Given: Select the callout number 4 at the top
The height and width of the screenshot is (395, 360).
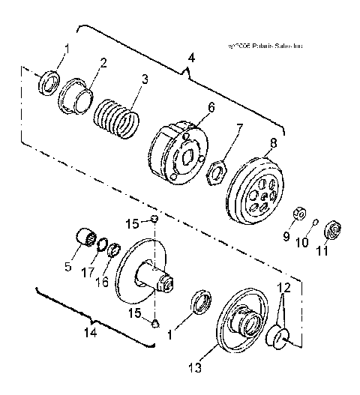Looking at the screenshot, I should click(x=190, y=57).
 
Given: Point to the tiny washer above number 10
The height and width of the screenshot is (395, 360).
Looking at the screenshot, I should click(x=316, y=221).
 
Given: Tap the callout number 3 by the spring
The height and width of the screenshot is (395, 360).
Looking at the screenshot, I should click(x=145, y=79).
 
